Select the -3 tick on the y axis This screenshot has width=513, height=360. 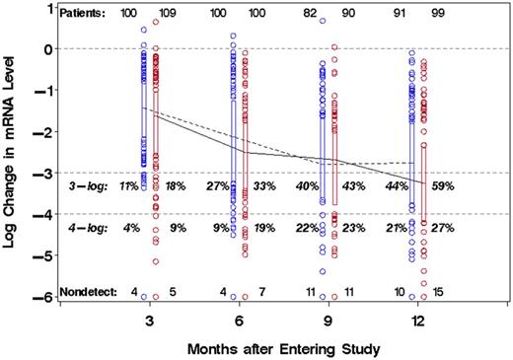(37, 173)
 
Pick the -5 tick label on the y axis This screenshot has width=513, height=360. (37, 255)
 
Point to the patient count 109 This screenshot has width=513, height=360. (168, 14)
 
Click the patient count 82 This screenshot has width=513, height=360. (311, 14)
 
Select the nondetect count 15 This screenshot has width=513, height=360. (439, 292)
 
